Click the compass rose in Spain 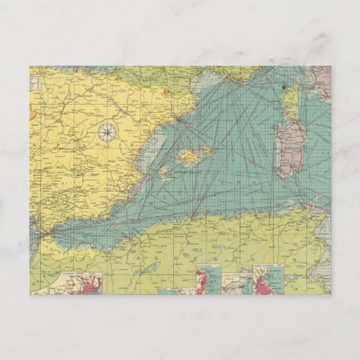coord(107,133)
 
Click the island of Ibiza coord(164,172)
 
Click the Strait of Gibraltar coord(43,234)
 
